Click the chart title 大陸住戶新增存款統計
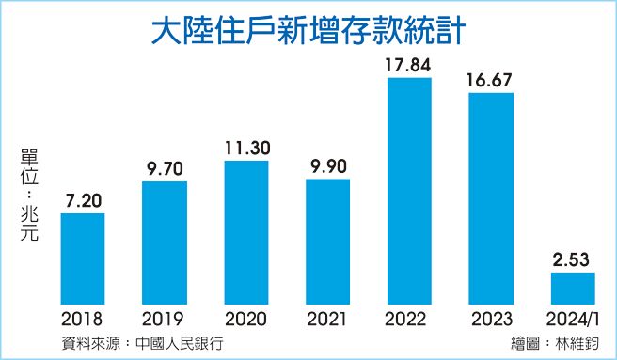(x=308, y=31)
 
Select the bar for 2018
(x=82, y=259)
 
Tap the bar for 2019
(x=164, y=243)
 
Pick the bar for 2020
(x=246, y=233)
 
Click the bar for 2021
(x=327, y=242)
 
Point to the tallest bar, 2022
(x=409, y=192)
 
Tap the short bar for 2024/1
(x=574, y=289)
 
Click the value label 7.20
(x=83, y=201)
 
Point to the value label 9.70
(x=164, y=168)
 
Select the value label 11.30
(x=246, y=148)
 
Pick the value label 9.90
(x=327, y=166)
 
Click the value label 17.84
(x=409, y=65)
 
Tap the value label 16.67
(x=490, y=80)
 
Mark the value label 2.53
(x=574, y=260)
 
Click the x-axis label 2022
(x=409, y=319)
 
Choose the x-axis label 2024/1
(x=574, y=319)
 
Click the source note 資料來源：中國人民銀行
(x=137, y=342)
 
